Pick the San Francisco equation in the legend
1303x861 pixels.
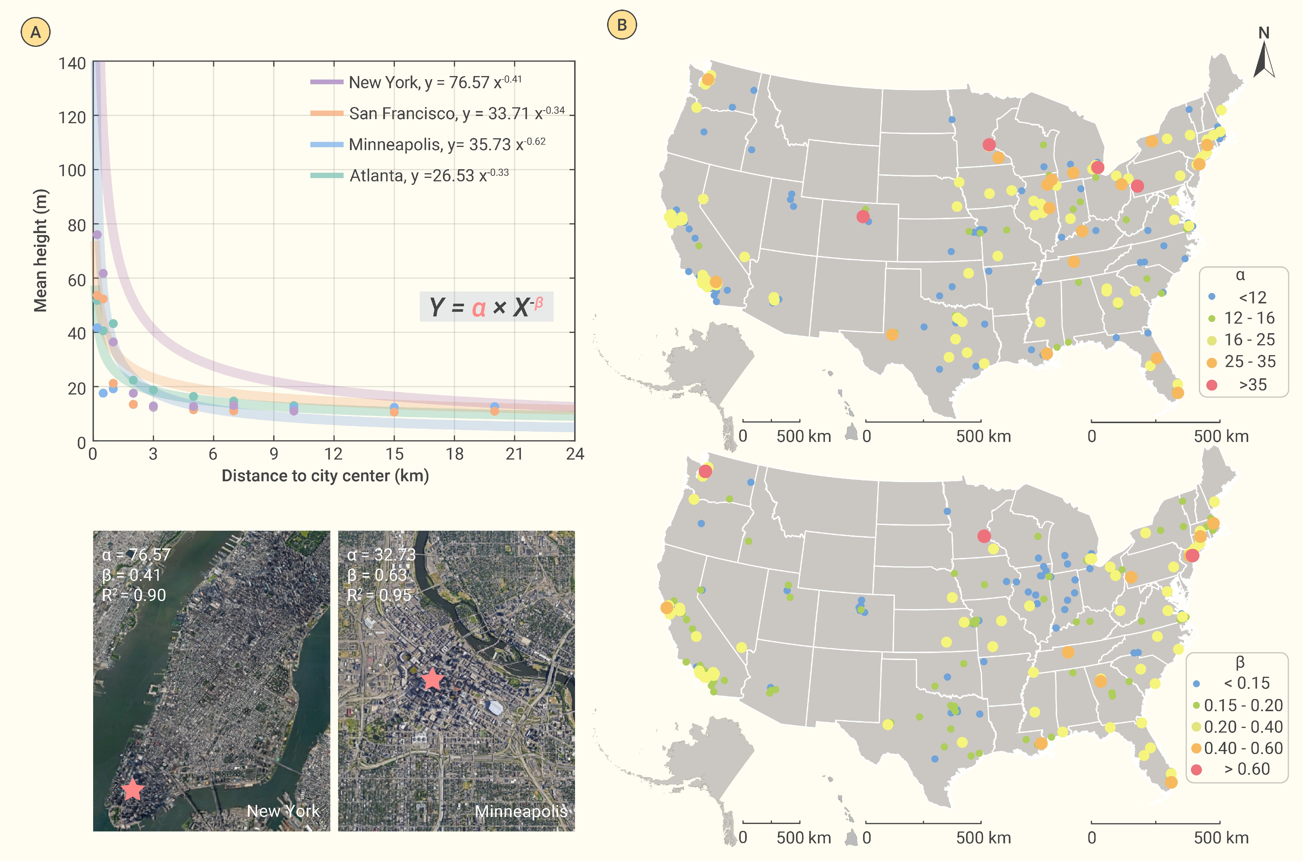pos(457,113)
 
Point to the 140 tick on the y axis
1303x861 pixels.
pos(73,64)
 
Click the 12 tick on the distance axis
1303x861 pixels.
pos(333,454)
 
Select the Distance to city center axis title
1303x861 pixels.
pos(325,475)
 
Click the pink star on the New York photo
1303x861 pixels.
pos(132,790)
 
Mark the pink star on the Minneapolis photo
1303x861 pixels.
pos(433,679)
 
